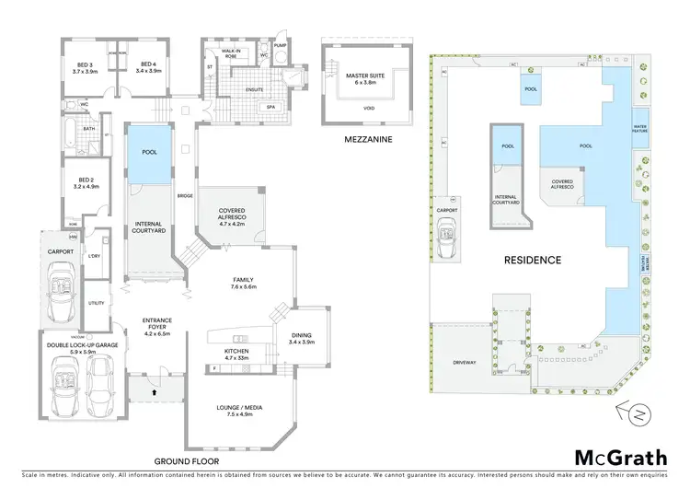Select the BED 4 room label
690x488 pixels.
[149, 66]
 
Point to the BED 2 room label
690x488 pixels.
[86, 182]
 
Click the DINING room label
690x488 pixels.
[302, 338]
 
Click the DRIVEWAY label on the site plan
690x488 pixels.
[465, 363]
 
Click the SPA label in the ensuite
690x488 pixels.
[271, 107]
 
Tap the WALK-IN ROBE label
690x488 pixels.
[230, 54]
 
